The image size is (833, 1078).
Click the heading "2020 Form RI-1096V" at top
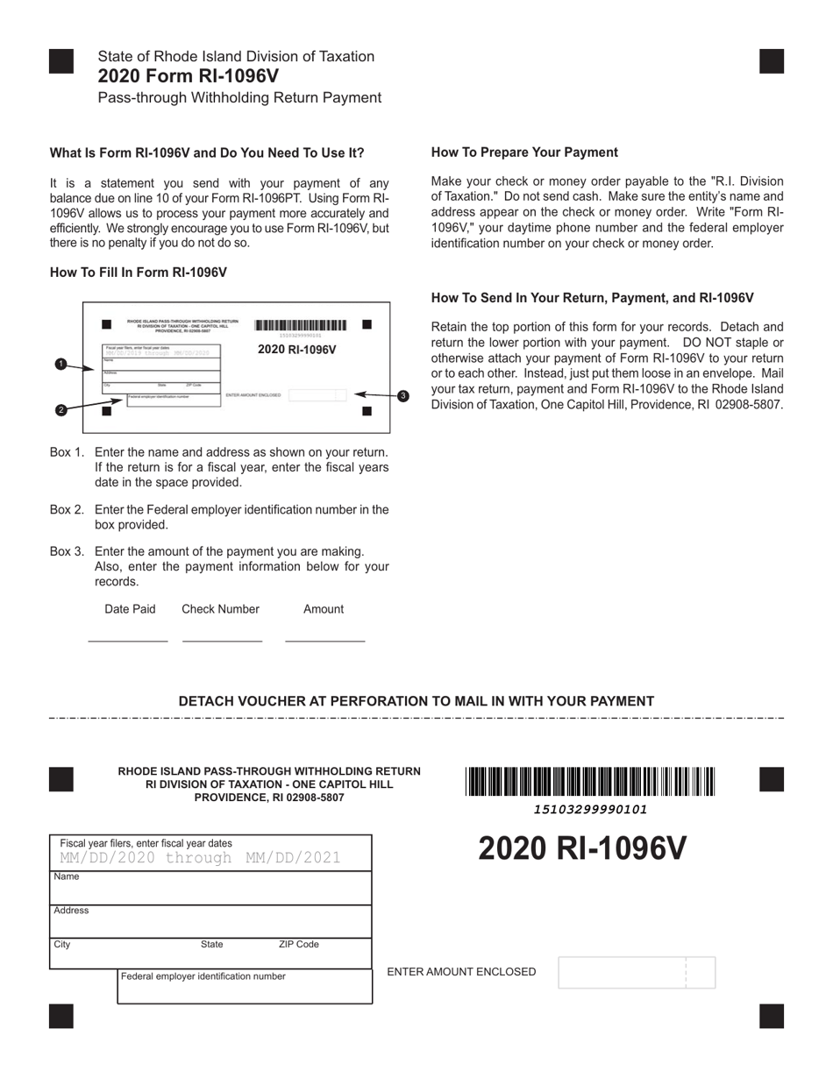point(189,76)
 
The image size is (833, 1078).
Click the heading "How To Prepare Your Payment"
point(524,152)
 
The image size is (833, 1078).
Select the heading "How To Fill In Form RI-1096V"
point(139,273)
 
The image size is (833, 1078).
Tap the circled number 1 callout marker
point(61,364)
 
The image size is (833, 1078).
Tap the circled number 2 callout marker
point(61,409)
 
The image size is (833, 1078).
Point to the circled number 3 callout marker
point(402,396)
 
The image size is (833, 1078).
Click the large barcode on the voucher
point(590,781)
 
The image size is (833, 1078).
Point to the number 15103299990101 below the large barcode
point(590,810)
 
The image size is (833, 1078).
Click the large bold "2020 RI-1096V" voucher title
point(582,849)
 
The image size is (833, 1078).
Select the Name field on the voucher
point(210,888)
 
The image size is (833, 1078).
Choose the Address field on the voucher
point(210,922)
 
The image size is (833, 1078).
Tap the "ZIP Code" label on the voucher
point(298,945)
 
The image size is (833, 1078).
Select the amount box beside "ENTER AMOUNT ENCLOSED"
point(636,973)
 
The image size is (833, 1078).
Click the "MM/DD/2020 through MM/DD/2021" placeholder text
point(200,858)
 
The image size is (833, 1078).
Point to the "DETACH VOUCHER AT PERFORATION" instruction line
point(416,701)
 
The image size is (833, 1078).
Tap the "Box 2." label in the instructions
point(68,510)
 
